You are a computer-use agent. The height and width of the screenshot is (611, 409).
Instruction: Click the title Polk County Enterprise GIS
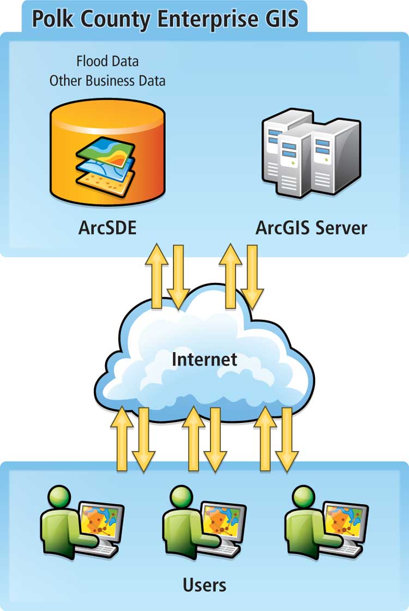[x=165, y=18]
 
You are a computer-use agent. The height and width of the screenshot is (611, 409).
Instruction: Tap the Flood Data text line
[x=107, y=61]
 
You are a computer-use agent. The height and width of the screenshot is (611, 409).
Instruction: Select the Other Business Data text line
[x=107, y=81]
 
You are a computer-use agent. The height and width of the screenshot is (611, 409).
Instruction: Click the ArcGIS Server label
[x=311, y=228]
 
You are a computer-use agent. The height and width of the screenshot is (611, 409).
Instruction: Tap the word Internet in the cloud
[x=204, y=359]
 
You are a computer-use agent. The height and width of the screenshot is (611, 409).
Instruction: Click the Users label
[x=204, y=585]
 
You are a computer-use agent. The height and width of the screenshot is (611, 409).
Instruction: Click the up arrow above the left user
[x=122, y=439]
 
